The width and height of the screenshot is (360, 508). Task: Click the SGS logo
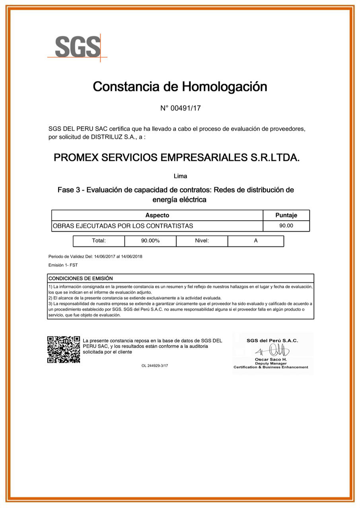coord(78,47)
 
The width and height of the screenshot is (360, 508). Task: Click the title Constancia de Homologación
coord(180,87)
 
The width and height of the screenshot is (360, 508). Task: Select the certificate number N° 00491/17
coord(180,108)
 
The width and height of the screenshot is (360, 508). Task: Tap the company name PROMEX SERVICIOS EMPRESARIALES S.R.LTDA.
coord(177,158)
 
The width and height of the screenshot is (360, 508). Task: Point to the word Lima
coord(180,176)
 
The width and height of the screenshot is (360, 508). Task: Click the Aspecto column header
coord(157,215)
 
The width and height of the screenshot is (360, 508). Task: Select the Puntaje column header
coord(286,215)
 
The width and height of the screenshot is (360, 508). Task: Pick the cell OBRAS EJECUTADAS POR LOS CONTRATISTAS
coord(123,226)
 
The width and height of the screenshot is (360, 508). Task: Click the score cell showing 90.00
coord(286,226)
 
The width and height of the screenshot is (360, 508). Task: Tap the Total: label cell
coord(99,241)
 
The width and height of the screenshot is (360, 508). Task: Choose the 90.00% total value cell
coord(150,241)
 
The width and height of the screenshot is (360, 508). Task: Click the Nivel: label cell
coord(202,241)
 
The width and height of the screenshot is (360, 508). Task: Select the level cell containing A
coord(256,241)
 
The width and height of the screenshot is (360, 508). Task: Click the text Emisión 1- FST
coord(63,265)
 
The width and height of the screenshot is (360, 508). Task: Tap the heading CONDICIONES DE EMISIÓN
coord(81,279)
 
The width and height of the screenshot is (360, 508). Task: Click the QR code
coord(64,349)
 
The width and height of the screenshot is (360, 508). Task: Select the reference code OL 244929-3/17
coord(155,366)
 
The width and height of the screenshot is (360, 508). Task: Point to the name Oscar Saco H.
coord(270,359)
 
